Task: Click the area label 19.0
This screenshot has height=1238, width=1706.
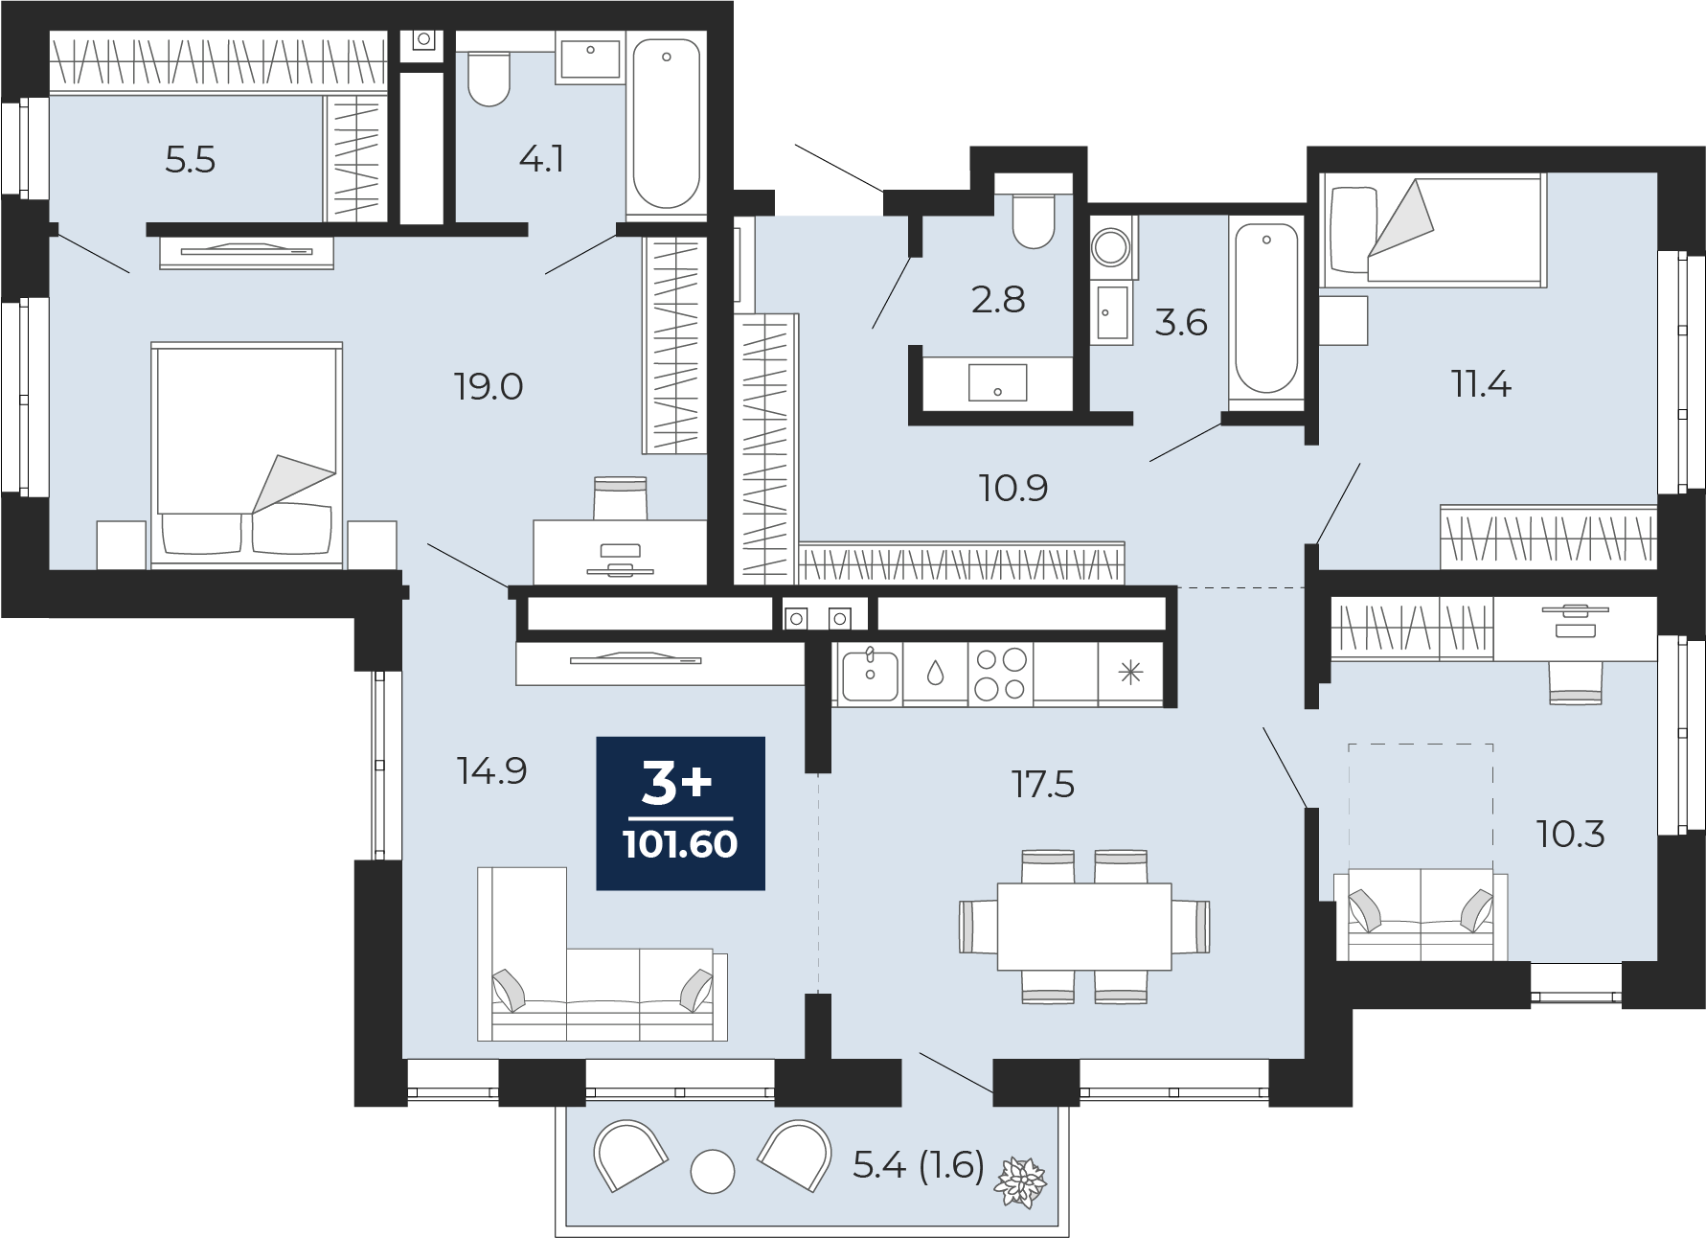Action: [488, 387]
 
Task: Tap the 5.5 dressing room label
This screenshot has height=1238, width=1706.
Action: [190, 160]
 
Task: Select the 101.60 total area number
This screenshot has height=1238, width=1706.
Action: [680, 844]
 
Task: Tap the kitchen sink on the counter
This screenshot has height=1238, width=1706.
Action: [870, 675]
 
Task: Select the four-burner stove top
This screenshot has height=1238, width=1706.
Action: [1000, 674]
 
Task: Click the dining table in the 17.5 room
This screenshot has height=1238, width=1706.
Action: [1084, 926]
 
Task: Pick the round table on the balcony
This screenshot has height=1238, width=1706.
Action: [712, 1171]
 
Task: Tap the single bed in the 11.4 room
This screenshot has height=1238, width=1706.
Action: [1432, 231]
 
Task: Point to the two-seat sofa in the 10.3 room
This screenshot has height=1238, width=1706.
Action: [1421, 915]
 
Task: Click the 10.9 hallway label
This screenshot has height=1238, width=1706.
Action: [1012, 489]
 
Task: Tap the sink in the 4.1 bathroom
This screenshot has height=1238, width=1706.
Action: [590, 57]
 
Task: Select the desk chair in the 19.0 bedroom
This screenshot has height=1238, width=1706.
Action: [620, 497]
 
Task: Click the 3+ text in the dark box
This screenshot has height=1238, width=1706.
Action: [677, 783]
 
